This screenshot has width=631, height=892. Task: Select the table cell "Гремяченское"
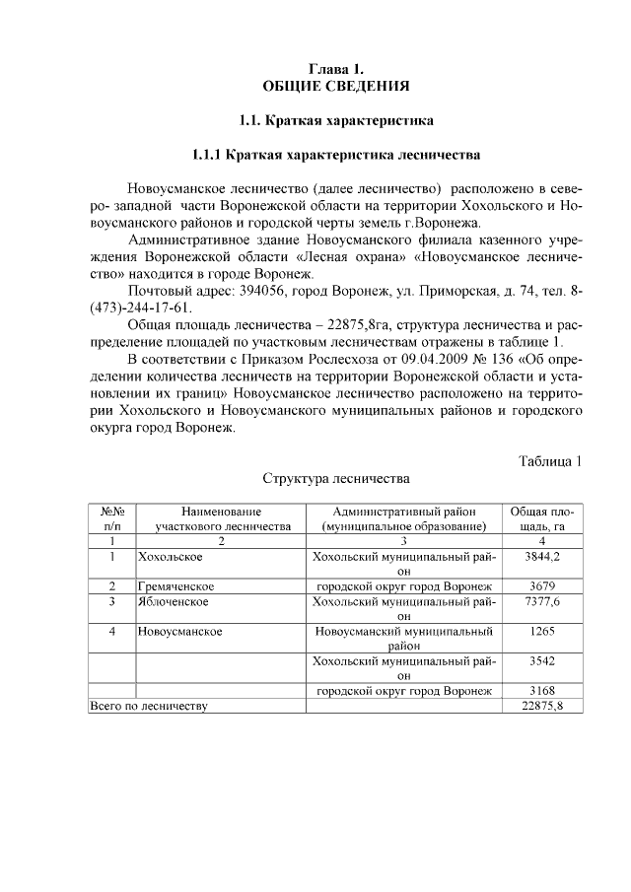176,586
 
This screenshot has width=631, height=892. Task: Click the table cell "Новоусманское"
179,631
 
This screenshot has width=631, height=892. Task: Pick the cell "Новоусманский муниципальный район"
404,638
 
